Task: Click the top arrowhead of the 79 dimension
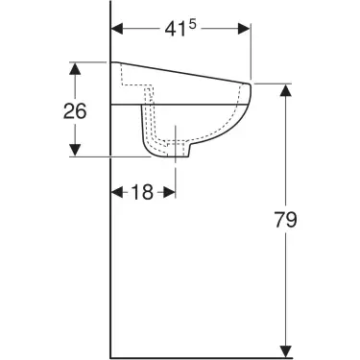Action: [285, 90]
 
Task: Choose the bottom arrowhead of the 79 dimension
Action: [285, 348]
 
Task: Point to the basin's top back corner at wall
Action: [113, 63]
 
